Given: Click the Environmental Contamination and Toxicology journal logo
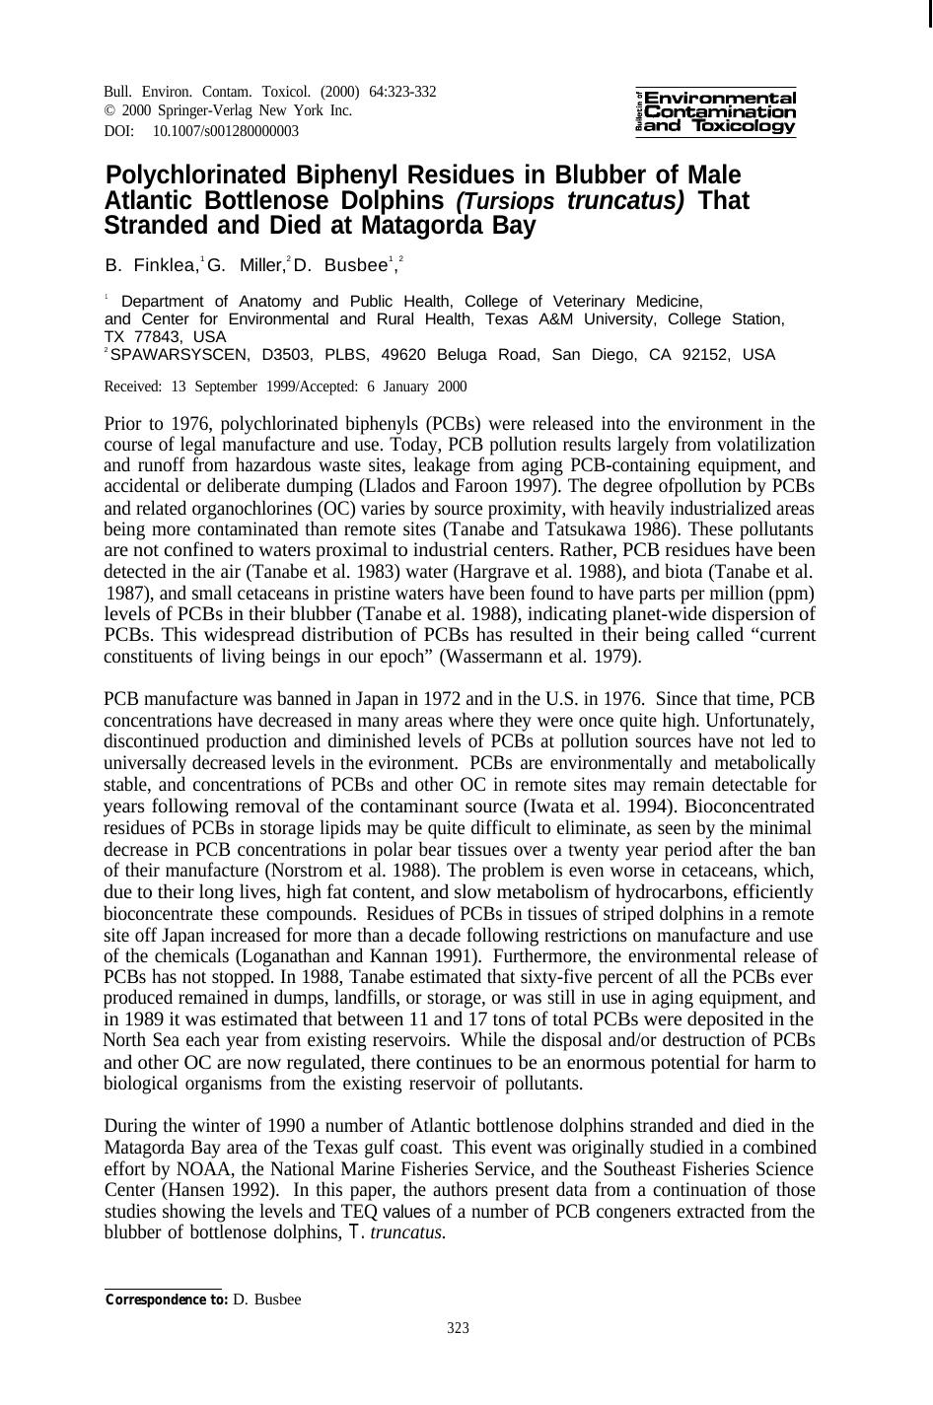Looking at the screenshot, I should click(716, 111).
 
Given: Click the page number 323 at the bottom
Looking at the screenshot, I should click(458, 1328).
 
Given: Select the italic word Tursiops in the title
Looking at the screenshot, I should click(505, 201).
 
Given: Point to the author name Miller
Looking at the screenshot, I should click(259, 265).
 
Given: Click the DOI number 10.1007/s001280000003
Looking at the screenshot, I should click(226, 131).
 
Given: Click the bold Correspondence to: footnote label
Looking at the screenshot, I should click(167, 1300).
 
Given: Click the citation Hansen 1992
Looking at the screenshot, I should click(219, 1190).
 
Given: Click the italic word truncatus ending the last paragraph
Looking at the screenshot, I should click(407, 1232).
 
